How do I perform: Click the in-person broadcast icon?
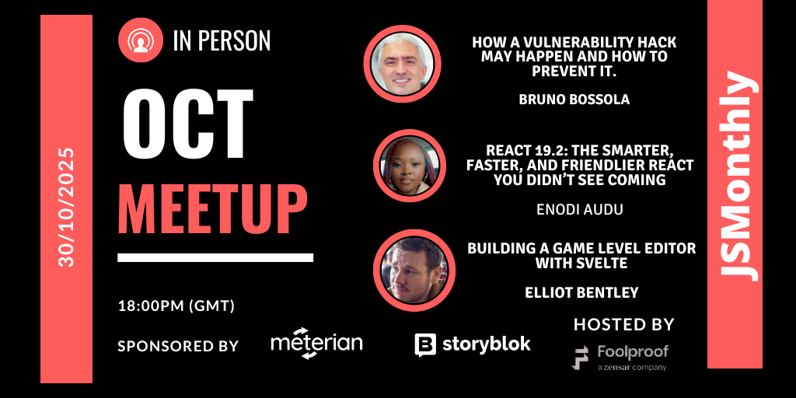[141, 40]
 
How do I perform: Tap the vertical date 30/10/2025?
[67, 207]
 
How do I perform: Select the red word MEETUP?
[213, 208]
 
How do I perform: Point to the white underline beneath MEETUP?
[215, 257]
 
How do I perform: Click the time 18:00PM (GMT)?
[176, 306]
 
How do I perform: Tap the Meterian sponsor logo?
[317, 343]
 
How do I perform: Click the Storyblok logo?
[473, 344]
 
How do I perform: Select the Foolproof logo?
[620, 358]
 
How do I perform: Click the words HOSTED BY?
[624, 324]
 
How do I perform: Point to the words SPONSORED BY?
[178, 346]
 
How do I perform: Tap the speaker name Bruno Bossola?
[574, 99]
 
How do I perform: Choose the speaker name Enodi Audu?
[580, 210]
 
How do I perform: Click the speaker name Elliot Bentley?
[581, 292]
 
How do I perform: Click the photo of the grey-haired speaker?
[403, 64]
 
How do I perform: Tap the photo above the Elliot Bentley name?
[414, 270]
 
